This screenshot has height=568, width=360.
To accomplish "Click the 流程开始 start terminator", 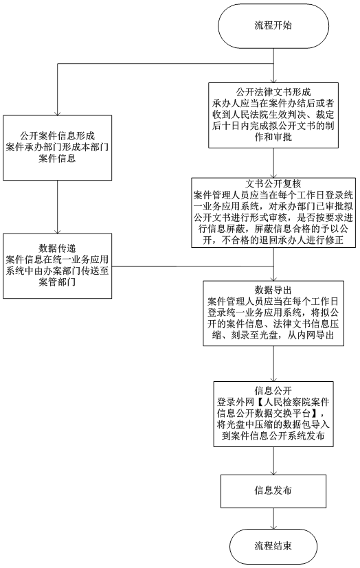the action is [273, 26].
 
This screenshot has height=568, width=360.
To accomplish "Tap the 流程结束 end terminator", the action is [273, 546].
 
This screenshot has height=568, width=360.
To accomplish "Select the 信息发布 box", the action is [273, 491].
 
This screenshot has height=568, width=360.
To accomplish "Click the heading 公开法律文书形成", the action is [273, 91].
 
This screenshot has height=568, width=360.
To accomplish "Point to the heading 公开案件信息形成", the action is [57, 136].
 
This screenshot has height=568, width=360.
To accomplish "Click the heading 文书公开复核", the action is [273, 184].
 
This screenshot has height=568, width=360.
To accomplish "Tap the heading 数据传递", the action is [57, 248].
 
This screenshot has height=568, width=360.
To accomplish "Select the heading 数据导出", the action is [273, 290].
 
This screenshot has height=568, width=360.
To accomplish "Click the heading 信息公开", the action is [273, 391].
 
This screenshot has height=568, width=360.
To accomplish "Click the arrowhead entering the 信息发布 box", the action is [273, 472].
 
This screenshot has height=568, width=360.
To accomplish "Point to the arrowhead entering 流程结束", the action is [273, 526].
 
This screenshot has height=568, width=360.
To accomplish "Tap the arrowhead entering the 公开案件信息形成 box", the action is [57, 113].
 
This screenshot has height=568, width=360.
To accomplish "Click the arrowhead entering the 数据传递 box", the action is [57, 231].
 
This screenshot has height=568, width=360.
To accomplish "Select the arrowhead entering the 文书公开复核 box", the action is [273, 174].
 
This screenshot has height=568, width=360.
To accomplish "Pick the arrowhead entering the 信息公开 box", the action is [273, 378].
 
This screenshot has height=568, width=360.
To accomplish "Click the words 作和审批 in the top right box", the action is [273, 137].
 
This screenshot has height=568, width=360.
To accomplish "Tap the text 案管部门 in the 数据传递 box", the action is [57, 282].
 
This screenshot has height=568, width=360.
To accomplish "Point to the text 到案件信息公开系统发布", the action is [273, 435].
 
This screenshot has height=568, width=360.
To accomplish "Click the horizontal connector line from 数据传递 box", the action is [192, 266].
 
